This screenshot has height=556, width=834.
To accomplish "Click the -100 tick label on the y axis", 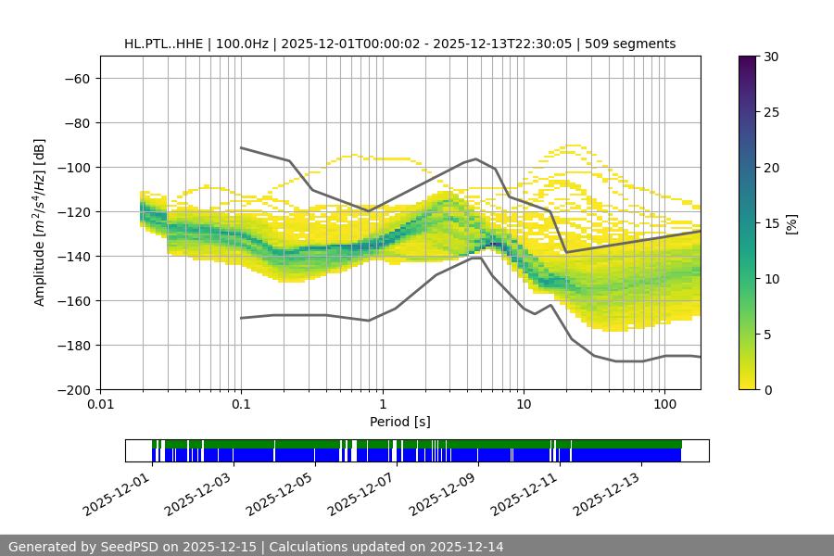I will click(x=76, y=168).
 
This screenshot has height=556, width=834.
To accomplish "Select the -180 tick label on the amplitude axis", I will click(x=76, y=346).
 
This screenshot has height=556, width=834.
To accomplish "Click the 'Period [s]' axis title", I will click(x=400, y=422).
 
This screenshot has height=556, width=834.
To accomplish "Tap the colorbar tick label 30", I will click(x=771, y=57).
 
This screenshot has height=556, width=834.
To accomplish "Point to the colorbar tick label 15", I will click(x=771, y=223).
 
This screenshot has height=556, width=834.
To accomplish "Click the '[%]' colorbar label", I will click(x=791, y=222).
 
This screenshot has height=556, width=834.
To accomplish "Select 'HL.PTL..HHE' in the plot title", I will click(x=163, y=44).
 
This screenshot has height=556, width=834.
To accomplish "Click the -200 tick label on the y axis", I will click(x=76, y=390).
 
